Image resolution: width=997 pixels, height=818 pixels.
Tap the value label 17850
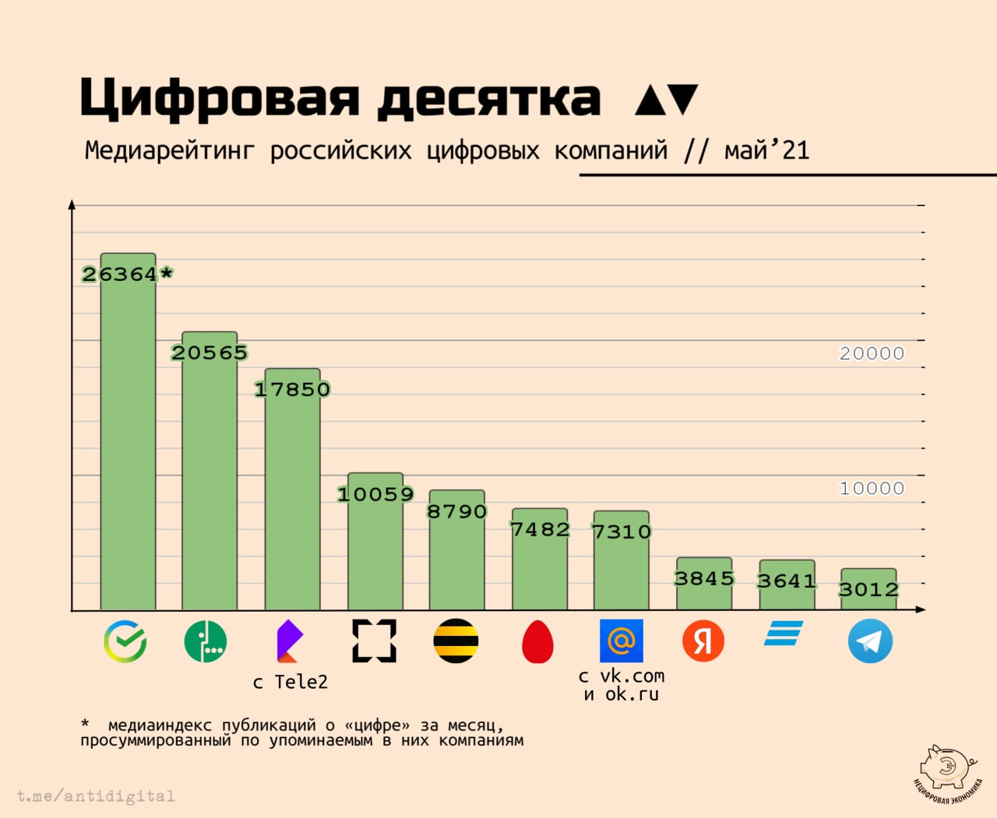click(x=293, y=389)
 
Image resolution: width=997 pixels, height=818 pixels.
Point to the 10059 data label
click(x=375, y=494)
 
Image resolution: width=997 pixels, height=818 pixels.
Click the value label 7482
click(x=540, y=529)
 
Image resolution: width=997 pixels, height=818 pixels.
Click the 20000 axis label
click(x=872, y=353)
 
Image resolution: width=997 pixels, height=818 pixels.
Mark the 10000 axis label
click(x=872, y=489)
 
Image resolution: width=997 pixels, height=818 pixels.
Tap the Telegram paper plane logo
click(x=870, y=641)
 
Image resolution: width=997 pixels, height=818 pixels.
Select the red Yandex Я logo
click(x=703, y=641)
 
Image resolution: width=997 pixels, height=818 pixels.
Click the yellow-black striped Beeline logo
click(x=456, y=641)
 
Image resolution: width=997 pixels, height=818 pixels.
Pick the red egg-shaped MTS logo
click(x=537, y=642)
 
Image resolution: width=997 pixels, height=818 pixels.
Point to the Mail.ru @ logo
click(x=622, y=641)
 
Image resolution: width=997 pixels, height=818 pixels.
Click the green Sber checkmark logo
click(x=125, y=641)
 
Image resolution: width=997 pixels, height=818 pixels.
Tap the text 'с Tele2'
click(x=291, y=683)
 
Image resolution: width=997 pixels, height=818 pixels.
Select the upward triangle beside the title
click(x=650, y=100)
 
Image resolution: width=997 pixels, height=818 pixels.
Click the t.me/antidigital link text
click(x=96, y=796)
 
